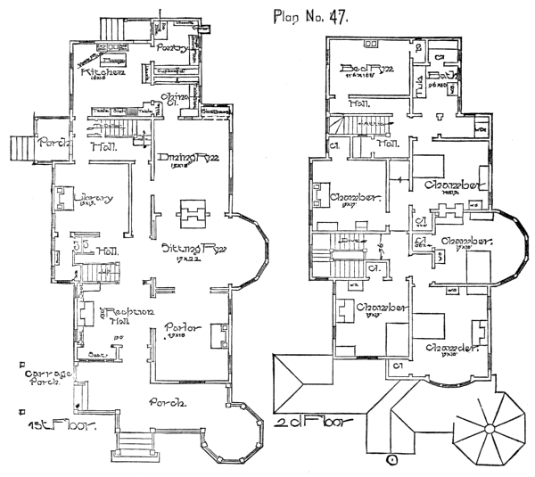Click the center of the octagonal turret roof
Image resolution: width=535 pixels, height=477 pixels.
[x=488, y=428]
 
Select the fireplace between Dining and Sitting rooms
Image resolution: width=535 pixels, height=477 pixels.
[x=193, y=213]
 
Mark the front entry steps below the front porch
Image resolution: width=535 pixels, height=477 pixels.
[x=136, y=443]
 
